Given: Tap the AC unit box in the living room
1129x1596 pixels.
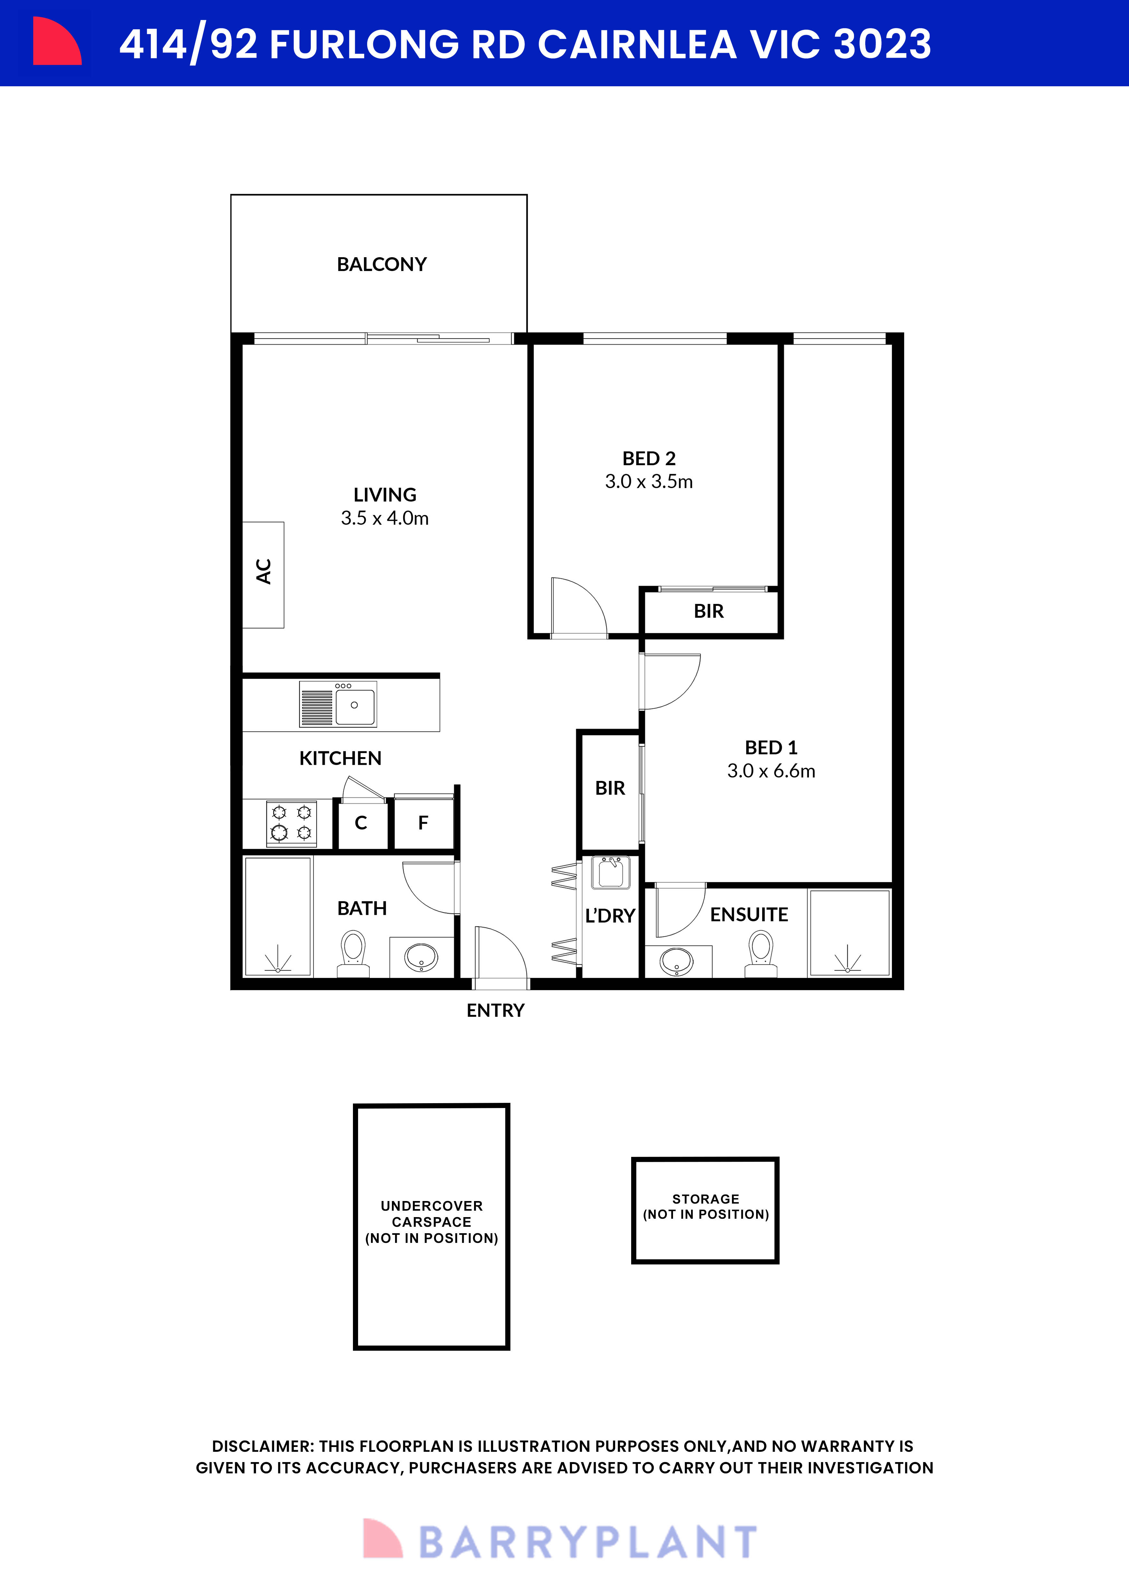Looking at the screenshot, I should [263, 575].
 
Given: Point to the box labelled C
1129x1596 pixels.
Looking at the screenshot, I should [361, 823].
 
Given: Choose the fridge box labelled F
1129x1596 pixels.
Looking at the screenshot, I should [423, 823].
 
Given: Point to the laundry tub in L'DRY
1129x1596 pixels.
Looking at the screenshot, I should [610, 873].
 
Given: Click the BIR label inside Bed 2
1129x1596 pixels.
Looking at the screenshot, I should [708, 611].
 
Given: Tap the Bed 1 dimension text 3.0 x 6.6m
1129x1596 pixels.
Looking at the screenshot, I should [771, 771].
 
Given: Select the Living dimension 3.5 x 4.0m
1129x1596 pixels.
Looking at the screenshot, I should [384, 518].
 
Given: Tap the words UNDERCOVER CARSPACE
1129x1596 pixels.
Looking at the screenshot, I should [431, 1214].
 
